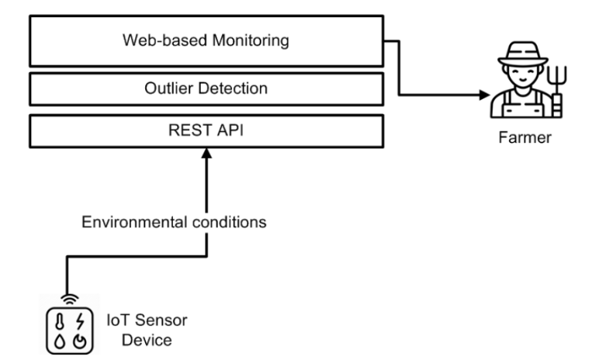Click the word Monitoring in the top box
click(x=251, y=41)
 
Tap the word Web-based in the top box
click(x=165, y=40)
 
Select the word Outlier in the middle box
click(x=169, y=88)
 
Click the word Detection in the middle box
click(x=233, y=88)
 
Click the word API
click(x=230, y=130)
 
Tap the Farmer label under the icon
click(x=525, y=137)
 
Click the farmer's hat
click(x=523, y=54)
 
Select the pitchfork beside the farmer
click(x=557, y=91)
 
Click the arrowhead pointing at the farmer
click(x=485, y=95)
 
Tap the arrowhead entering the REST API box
click(x=206, y=153)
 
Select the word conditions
click(x=229, y=222)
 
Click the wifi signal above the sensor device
click(x=70, y=299)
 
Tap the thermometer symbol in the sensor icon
click(x=60, y=321)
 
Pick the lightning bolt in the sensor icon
click(x=80, y=321)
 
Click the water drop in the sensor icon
click(x=60, y=341)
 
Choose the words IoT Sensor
click(x=147, y=320)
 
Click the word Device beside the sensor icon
click(x=147, y=341)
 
